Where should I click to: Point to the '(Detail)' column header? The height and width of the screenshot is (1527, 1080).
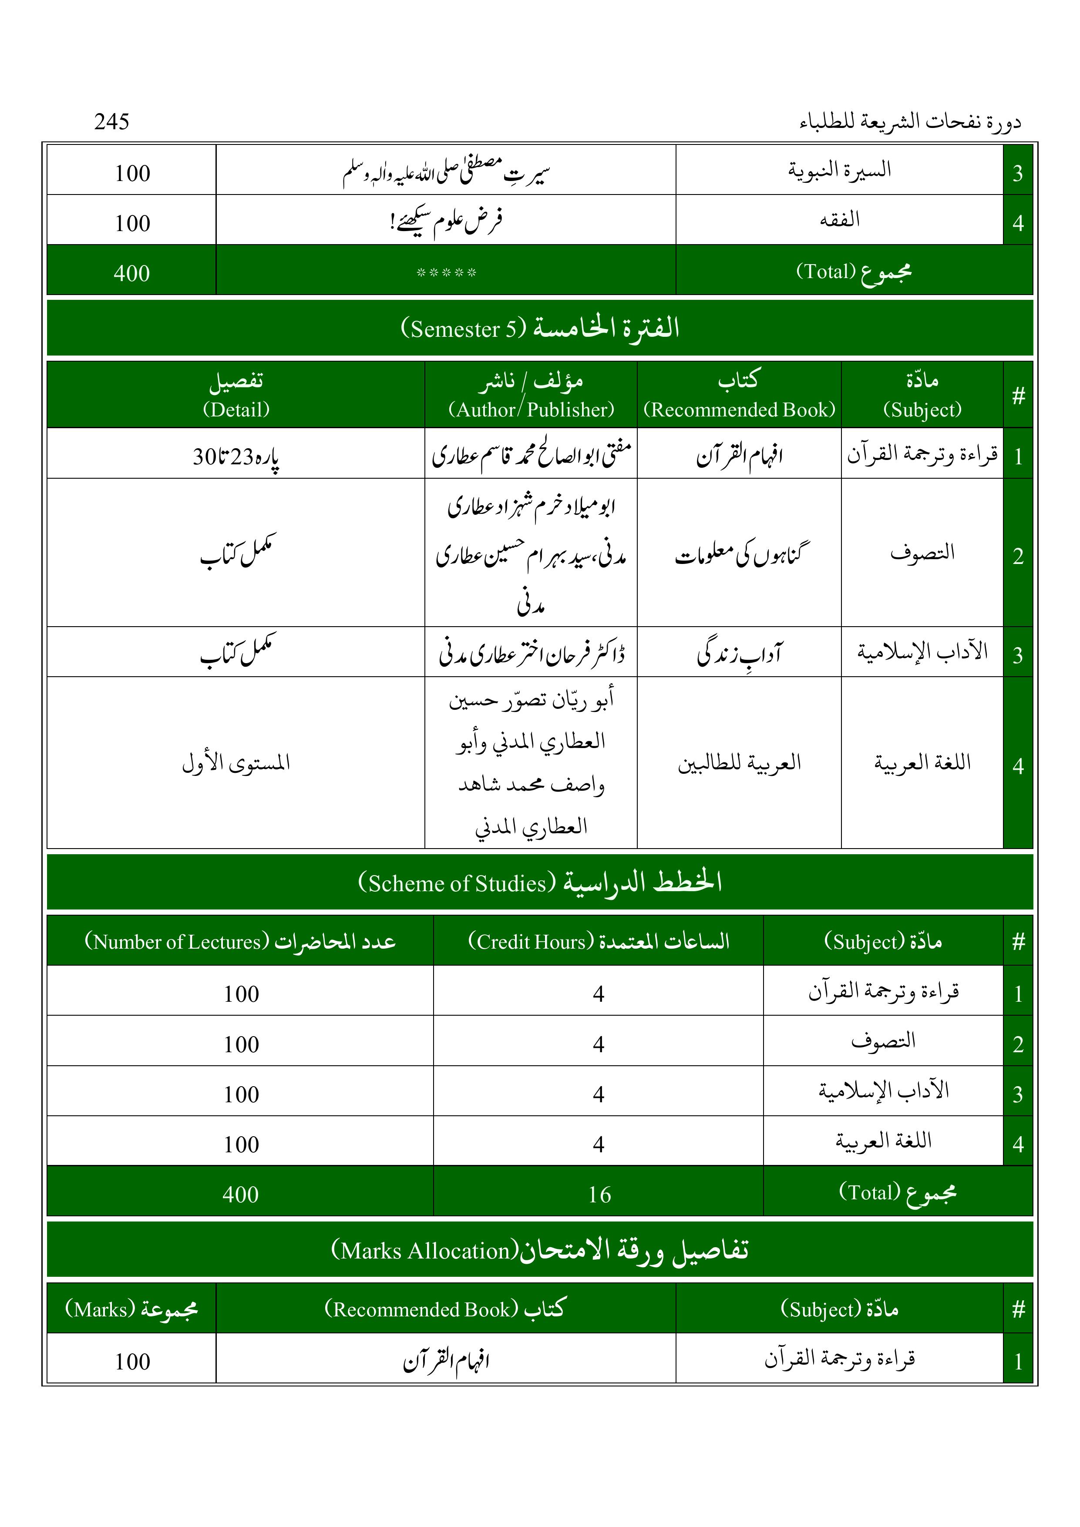pyautogui.click(x=236, y=409)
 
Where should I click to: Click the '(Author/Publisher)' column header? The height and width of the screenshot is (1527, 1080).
pyautogui.click(x=531, y=409)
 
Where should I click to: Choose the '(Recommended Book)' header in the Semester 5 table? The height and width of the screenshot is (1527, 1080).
pyautogui.click(x=739, y=409)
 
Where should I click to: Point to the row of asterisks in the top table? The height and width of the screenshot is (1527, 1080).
pyautogui.click(x=446, y=273)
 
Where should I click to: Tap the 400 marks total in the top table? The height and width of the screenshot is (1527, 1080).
pyautogui.click(x=132, y=273)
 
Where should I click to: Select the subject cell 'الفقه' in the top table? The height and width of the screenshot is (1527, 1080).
pyautogui.click(x=839, y=219)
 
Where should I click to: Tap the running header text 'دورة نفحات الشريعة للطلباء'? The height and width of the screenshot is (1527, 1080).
pyautogui.click(x=910, y=122)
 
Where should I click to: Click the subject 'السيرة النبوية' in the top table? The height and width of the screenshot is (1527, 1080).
pyautogui.click(x=839, y=170)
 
